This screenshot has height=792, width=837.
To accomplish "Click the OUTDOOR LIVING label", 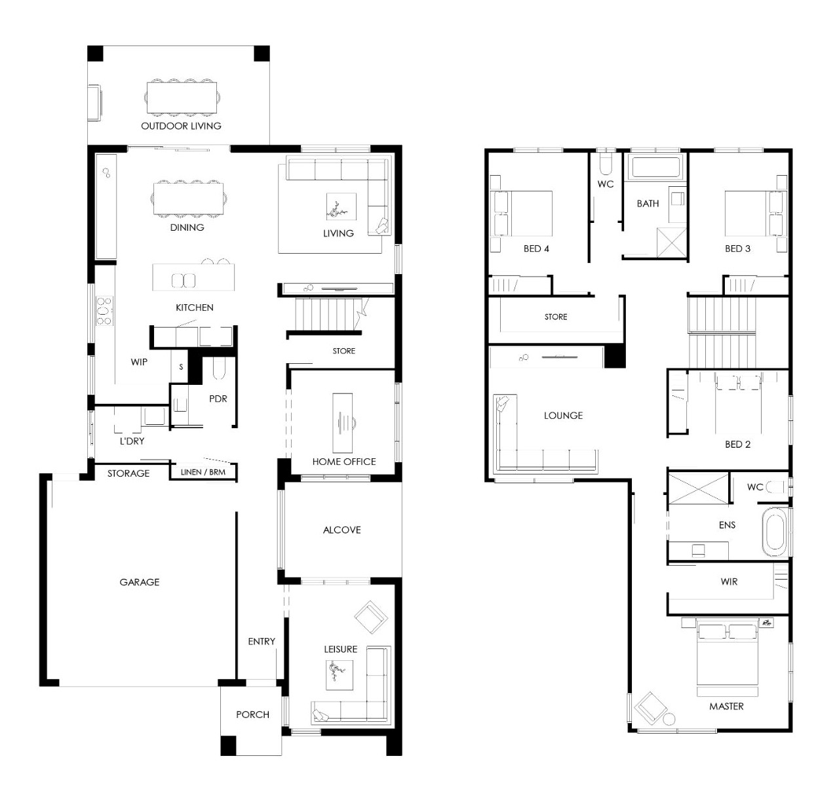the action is [x=181, y=126].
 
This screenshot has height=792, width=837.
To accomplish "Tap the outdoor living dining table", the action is [x=182, y=98].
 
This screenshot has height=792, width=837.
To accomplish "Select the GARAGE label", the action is [x=139, y=582].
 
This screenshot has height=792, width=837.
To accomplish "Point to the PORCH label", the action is [x=252, y=715].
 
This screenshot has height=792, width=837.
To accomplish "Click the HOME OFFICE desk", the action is [x=342, y=423].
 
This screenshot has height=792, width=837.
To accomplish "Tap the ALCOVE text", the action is [x=342, y=530].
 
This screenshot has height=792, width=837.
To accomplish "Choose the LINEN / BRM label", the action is [x=203, y=472].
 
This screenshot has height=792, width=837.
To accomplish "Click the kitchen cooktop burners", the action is [x=104, y=311].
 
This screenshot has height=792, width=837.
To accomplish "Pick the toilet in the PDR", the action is [x=218, y=368].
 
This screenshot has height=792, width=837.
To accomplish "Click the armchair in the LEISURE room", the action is [x=371, y=618].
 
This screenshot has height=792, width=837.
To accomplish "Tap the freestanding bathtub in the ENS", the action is [x=775, y=532].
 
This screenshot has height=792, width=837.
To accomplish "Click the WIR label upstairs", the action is [x=729, y=582].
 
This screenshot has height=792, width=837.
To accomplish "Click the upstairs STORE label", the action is [x=556, y=317].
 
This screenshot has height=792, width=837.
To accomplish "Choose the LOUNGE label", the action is [x=563, y=416].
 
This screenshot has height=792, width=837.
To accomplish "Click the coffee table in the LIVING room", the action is [x=341, y=207].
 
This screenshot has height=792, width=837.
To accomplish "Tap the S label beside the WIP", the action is [x=181, y=366].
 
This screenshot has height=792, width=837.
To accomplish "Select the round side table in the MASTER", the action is [x=669, y=719].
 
